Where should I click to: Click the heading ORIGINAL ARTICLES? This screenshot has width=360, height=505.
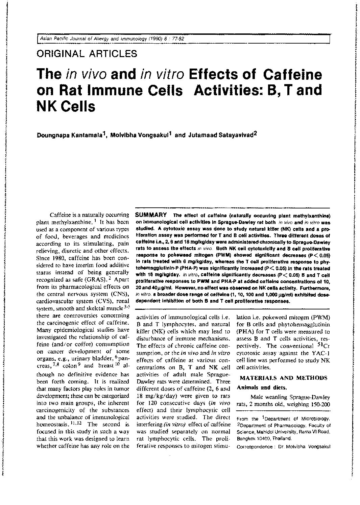tap(87, 53)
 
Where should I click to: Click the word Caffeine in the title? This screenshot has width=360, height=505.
tap(292, 74)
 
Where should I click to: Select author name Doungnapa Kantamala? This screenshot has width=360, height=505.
tap(72, 134)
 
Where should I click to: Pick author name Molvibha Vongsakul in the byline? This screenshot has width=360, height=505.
tap(142, 134)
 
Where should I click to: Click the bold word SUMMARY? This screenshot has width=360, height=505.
tap(150, 215)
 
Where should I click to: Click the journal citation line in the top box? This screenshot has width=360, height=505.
tap(112, 39)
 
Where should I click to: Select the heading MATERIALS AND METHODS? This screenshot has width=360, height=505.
tap(283, 378)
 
